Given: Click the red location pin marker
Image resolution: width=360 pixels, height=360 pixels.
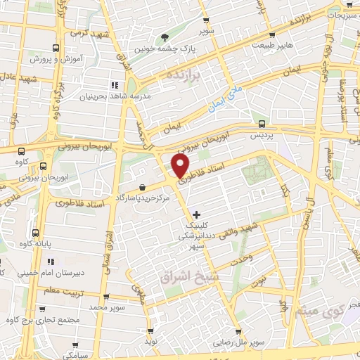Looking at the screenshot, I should pyautogui.click(x=181, y=166).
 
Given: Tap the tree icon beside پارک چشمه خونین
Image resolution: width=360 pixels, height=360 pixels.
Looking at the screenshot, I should pyautogui.click(x=165, y=37).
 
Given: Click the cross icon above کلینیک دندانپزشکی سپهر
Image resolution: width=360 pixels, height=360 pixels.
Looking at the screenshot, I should pyautogui.click(x=195, y=213).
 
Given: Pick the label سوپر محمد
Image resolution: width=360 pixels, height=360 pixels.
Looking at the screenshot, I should pyautogui.click(x=106, y=307).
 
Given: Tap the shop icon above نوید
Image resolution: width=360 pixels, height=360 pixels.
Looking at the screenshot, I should pyautogui.click(x=150, y=330).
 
